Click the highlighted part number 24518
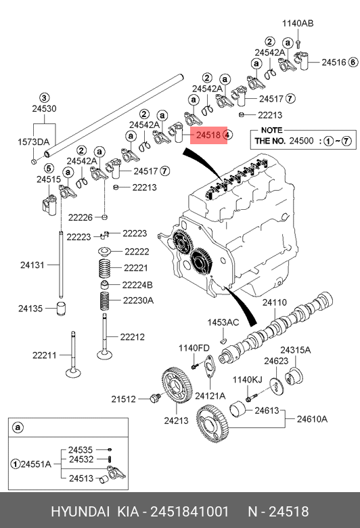208,135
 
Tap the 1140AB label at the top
298,23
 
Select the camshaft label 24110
275,303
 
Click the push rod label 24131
32,265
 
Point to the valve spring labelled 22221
105,268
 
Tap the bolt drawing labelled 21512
155,398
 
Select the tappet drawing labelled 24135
61,309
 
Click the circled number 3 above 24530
45,98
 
